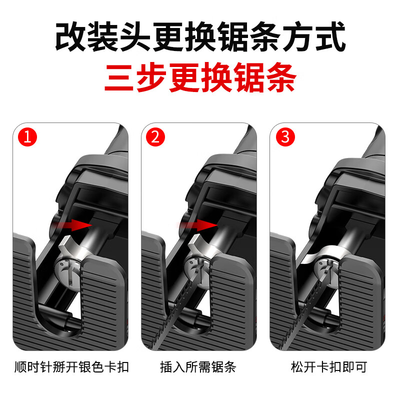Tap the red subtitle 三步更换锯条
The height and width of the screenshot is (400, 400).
tap(200, 79)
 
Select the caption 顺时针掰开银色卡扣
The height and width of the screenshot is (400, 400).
tap(71, 367)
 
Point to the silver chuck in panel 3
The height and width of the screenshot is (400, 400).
tap(325, 265)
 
